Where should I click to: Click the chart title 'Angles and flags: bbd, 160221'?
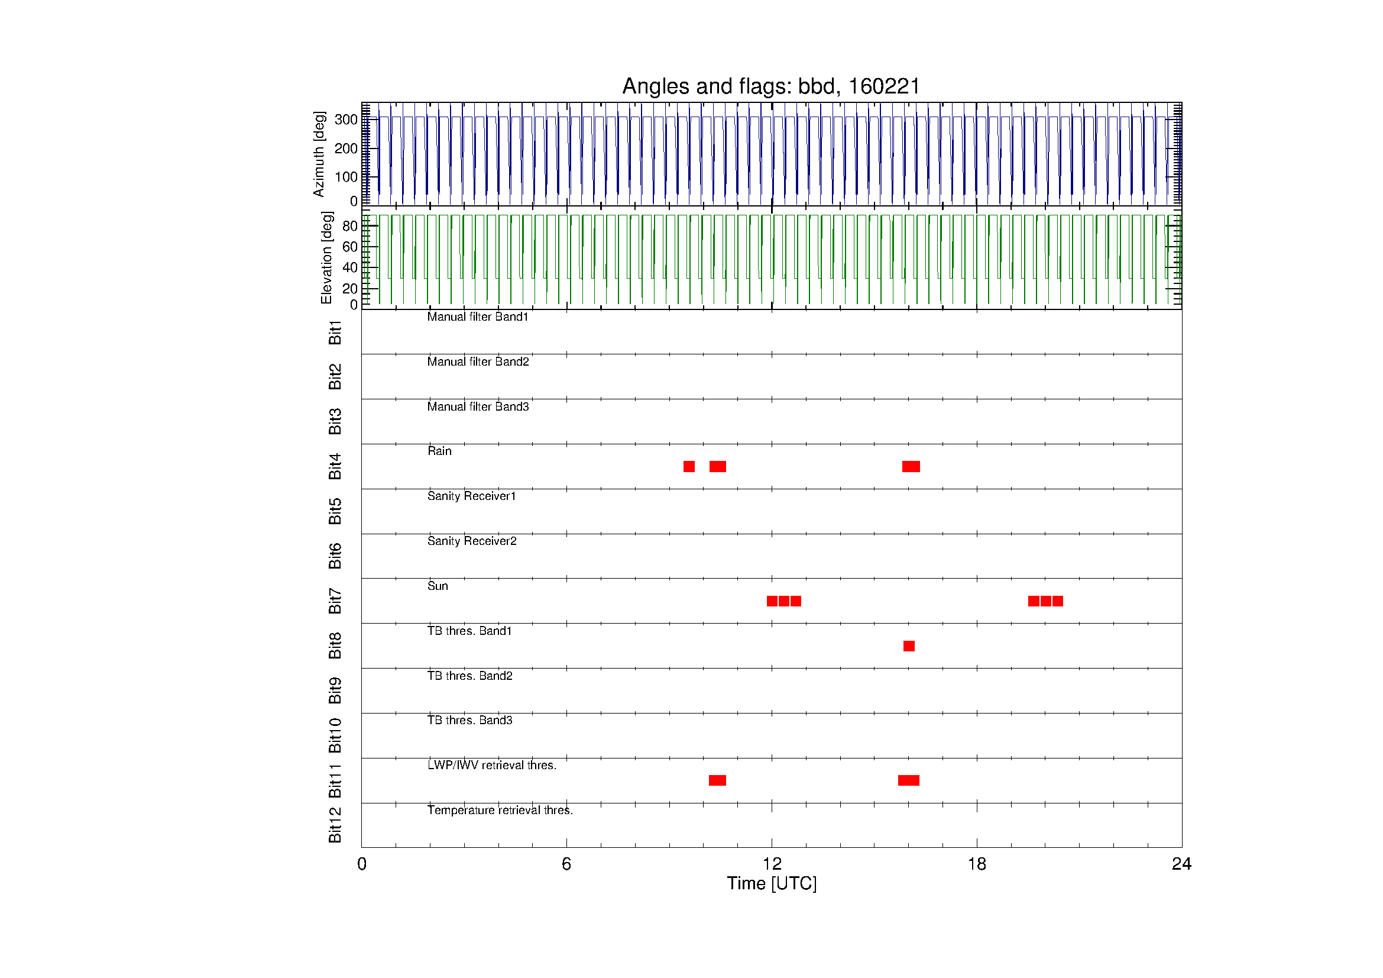point(771,86)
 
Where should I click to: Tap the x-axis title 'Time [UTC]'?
point(772,883)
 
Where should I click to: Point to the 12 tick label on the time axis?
point(772,864)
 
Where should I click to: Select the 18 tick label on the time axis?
point(976,864)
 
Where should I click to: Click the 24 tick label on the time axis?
point(1181,864)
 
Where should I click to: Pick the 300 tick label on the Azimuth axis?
point(346,120)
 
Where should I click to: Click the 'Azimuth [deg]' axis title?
point(319,154)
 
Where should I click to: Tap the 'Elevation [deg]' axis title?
point(326,257)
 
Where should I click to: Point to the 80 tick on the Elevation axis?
point(349,226)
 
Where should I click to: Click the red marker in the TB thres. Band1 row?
point(909,646)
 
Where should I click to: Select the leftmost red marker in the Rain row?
point(689,466)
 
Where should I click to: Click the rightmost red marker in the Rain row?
point(911,466)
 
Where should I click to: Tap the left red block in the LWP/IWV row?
point(717,780)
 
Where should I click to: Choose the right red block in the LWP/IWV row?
point(908,780)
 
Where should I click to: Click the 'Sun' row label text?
point(438,586)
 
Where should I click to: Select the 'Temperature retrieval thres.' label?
point(500,810)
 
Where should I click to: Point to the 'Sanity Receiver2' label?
point(472,541)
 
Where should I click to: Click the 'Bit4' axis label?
point(335,466)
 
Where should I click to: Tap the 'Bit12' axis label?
point(335,824)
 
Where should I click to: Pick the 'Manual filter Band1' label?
point(478,317)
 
